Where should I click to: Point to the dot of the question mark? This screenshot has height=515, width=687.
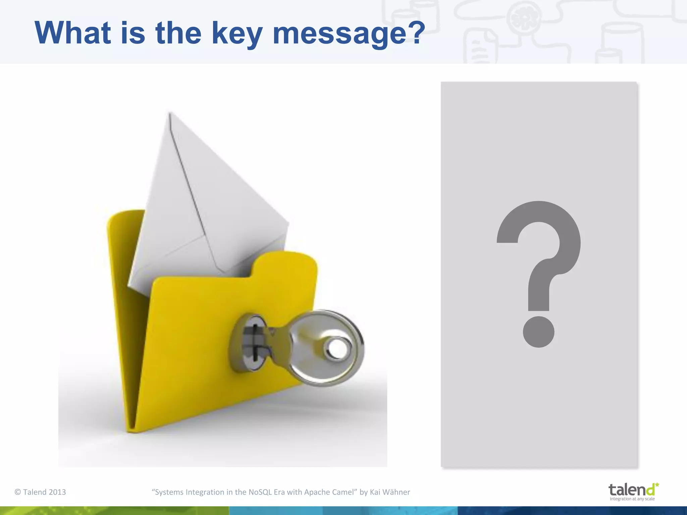click(539, 332)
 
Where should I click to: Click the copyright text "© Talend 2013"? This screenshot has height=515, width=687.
click(40, 492)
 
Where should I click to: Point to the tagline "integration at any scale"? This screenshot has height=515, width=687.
click(632, 499)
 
